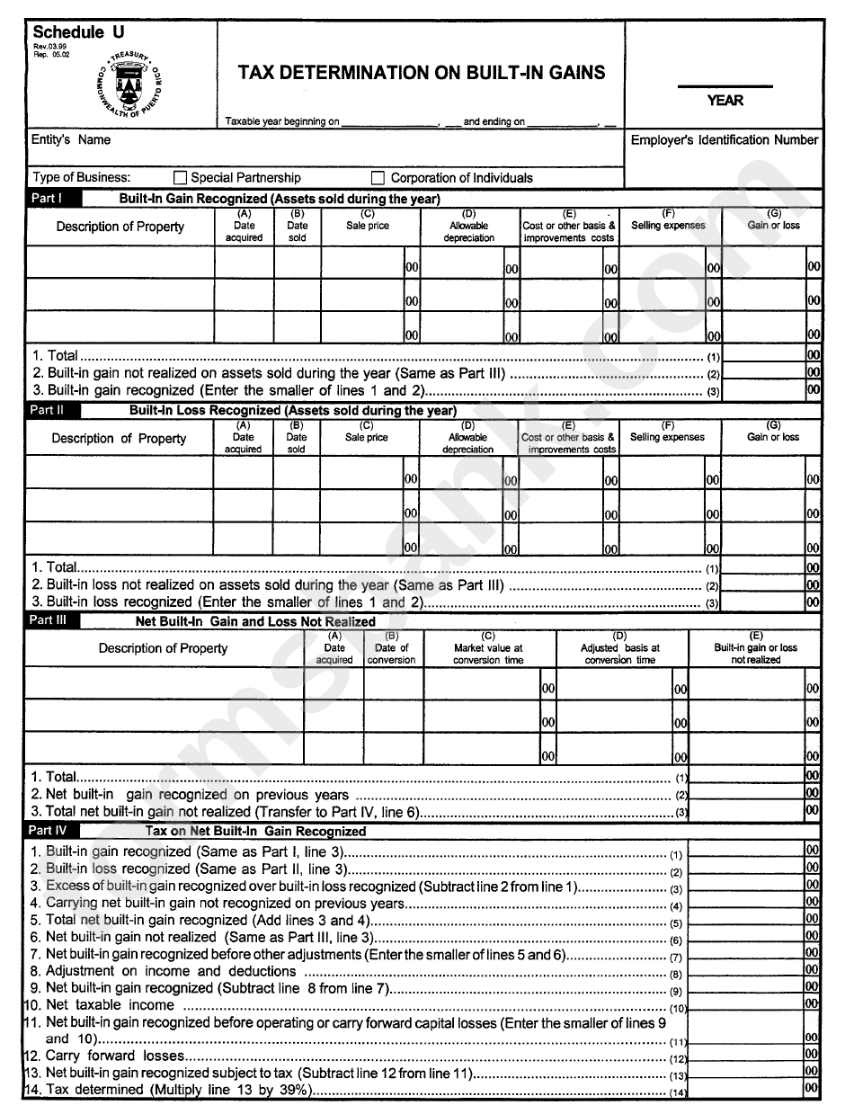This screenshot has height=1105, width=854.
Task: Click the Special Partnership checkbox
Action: click(180, 178)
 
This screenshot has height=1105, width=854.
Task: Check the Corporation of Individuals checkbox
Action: click(378, 178)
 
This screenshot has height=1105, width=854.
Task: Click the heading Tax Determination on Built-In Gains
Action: click(422, 73)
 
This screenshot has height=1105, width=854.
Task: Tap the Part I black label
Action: click(53, 199)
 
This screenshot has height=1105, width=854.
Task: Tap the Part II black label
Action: click(53, 411)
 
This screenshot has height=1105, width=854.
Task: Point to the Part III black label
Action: click(53, 621)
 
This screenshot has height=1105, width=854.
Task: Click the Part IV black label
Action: click(53, 831)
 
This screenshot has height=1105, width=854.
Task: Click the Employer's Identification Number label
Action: click(724, 140)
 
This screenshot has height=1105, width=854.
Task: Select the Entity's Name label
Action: click(71, 140)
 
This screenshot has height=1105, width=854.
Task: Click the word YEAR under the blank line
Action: click(725, 101)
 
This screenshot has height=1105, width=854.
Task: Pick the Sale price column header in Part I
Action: click(368, 226)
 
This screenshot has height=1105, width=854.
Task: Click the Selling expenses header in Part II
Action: click(667, 437)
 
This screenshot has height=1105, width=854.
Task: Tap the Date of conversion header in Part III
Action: click(392, 654)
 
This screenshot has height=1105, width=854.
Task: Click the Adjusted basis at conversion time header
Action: click(620, 654)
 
